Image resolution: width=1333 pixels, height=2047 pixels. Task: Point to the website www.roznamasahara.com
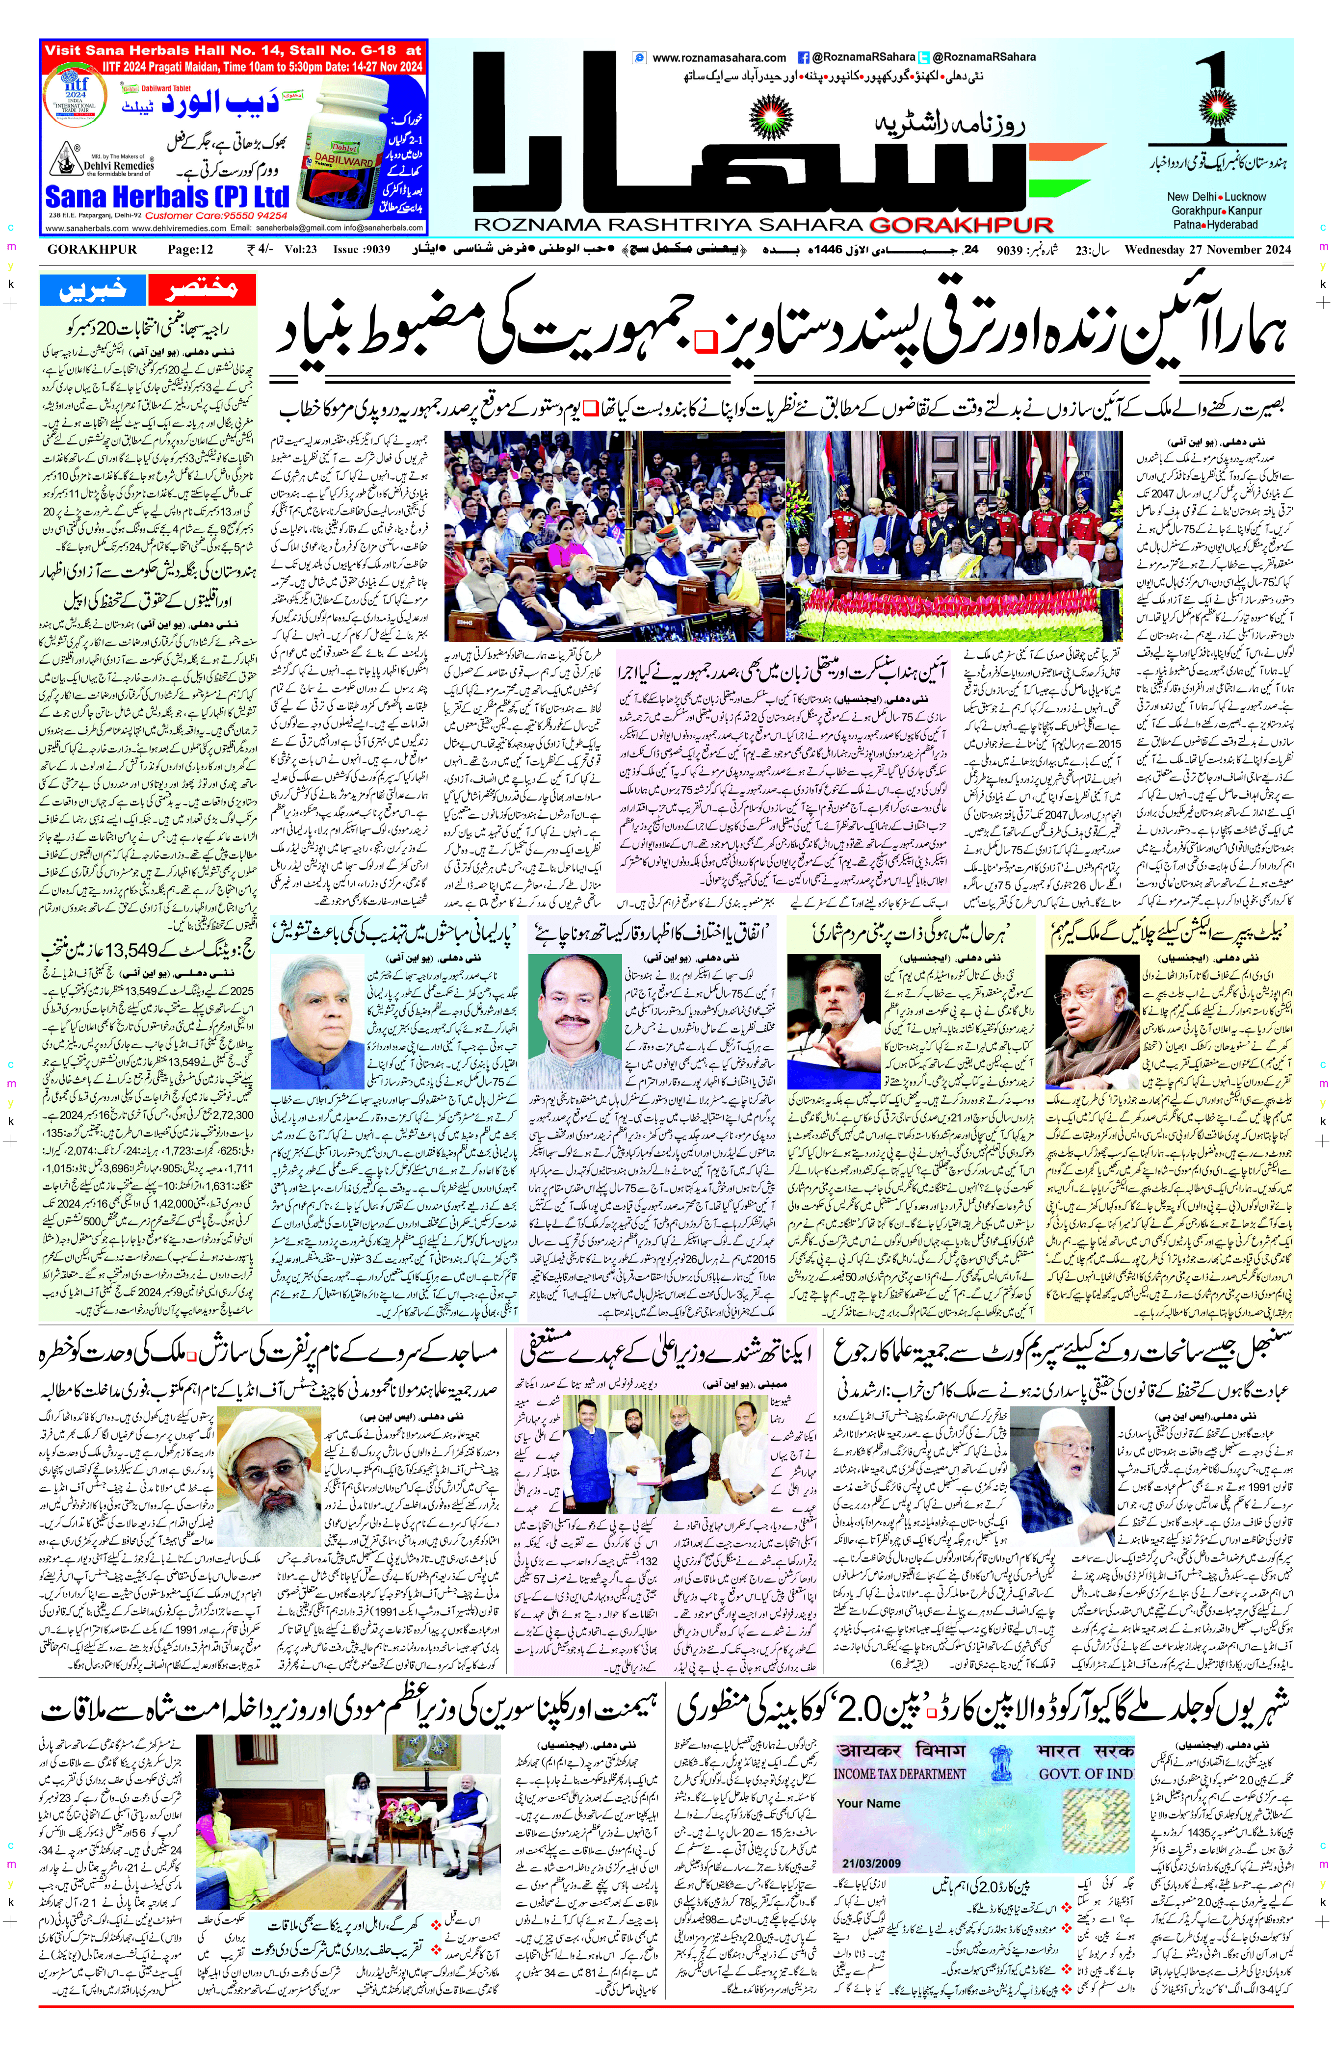[719, 57]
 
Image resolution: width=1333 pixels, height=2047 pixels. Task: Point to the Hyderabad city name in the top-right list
[1230, 225]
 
